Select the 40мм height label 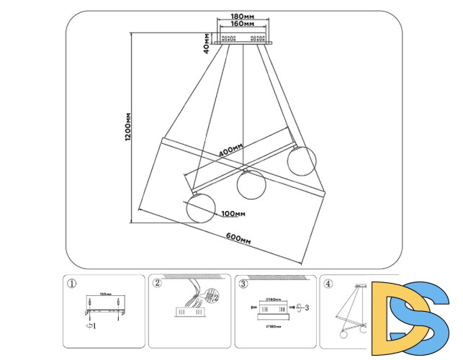tap(207, 43)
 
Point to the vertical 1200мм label tap(127, 127)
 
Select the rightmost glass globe tap(302, 159)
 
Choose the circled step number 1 tap(71, 284)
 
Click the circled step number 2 tap(157, 284)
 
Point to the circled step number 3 tap(243, 284)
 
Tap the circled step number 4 tap(328, 284)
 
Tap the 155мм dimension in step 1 tap(104, 294)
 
